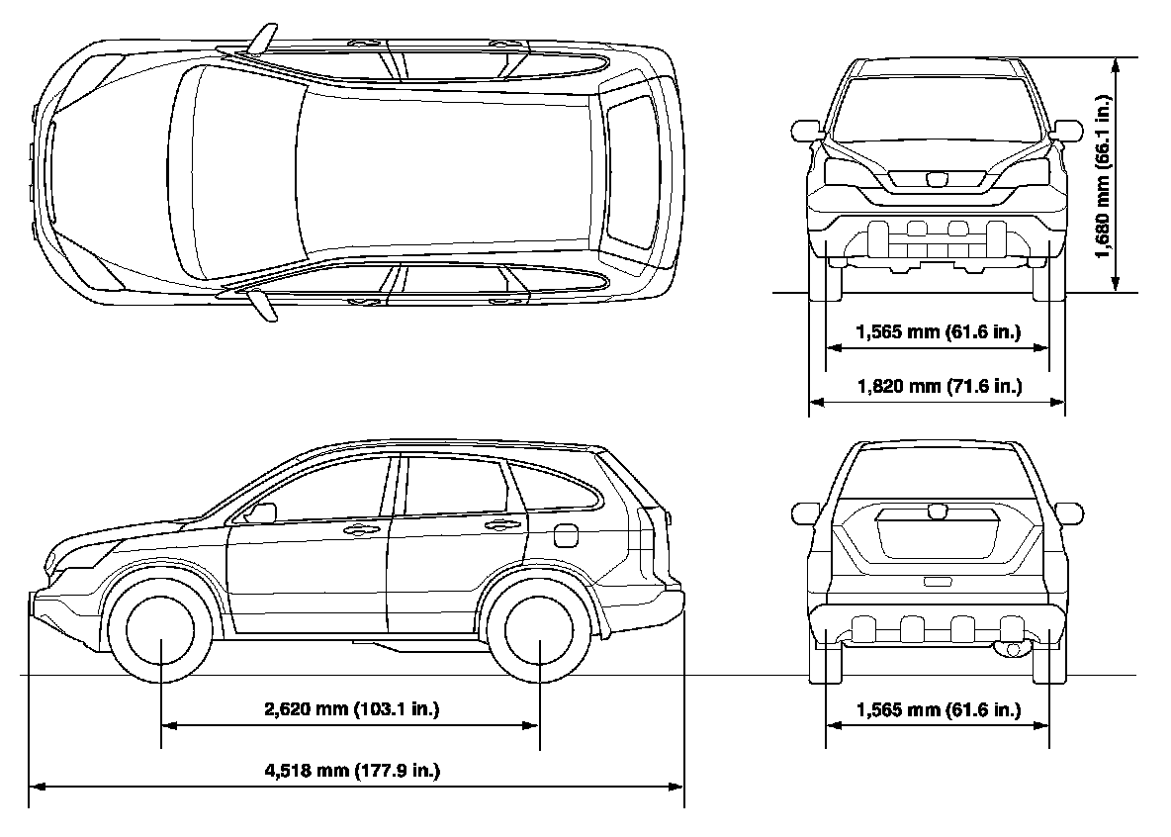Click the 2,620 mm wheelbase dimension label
coord(351,708)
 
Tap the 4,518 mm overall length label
coord(351,770)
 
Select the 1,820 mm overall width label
coord(938,386)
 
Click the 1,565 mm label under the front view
coord(938,331)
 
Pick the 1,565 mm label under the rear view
coord(938,709)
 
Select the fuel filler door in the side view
coord(567,534)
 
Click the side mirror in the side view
coord(263,512)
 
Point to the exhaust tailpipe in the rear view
coord(1011,648)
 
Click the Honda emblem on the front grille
coord(936,179)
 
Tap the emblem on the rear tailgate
coord(937,511)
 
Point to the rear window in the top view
coord(631,172)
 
